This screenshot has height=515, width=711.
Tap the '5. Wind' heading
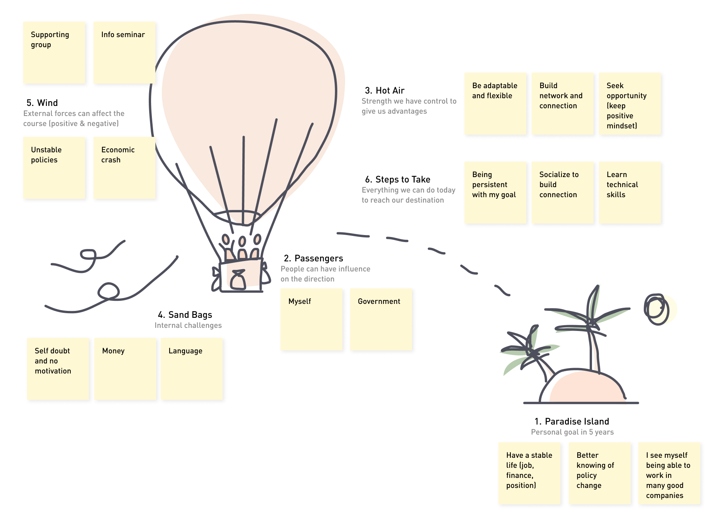(42, 103)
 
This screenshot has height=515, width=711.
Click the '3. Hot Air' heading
(385, 90)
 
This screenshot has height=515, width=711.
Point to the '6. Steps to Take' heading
(398, 179)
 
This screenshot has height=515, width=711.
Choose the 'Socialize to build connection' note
(562, 192)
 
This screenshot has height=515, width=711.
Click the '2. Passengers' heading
(314, 258)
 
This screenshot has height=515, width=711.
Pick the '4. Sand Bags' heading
(185, 315)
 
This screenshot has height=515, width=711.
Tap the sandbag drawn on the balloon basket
(238, 279)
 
